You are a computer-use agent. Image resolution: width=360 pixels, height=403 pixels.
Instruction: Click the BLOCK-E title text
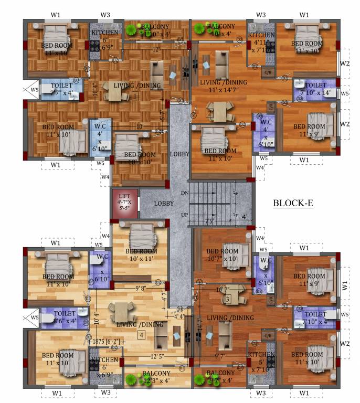(293, 203)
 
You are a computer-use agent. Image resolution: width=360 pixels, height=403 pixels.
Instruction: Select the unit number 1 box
(135, 96)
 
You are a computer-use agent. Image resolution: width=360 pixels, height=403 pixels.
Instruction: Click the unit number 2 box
(209, 112)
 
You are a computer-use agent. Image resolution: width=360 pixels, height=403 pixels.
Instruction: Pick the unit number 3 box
(228, 300)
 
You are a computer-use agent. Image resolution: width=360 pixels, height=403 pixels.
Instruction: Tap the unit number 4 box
(141, 336)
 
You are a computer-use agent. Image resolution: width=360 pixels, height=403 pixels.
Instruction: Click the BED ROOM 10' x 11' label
(141, 255)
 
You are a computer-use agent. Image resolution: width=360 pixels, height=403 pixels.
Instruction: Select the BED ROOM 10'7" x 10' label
(221, 255)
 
